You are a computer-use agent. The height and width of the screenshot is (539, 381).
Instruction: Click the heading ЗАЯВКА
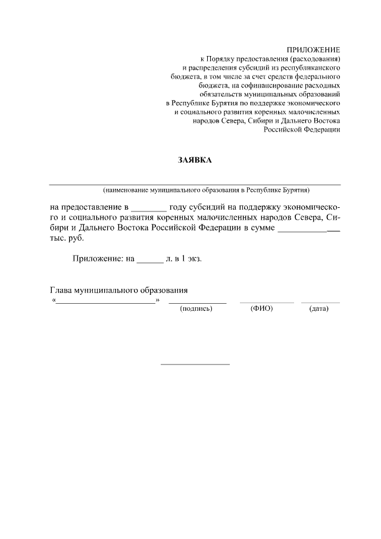click(x=195, y=160)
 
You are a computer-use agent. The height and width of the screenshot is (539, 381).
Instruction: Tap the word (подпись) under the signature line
click(x=196, y=309)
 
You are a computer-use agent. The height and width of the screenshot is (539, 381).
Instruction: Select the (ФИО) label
click(x=262, y=309)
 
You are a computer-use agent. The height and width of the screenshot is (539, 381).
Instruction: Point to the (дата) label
click(x=319, y=309)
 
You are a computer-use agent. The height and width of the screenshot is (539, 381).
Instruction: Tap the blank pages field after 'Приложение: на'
click(x=149, y=260)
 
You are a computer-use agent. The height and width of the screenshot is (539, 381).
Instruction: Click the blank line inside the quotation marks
click(x=106, y=302)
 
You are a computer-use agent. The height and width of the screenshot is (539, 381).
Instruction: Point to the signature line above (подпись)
click(x=197, y=303)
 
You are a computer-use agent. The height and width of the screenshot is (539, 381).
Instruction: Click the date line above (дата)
click(x=320, y=303)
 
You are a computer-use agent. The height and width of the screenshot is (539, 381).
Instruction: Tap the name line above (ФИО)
click(x=267, y=303)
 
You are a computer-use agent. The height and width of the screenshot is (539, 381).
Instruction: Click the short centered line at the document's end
click(x=195, y=364)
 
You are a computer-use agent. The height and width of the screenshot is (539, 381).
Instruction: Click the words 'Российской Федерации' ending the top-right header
click(x=302, y=130)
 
